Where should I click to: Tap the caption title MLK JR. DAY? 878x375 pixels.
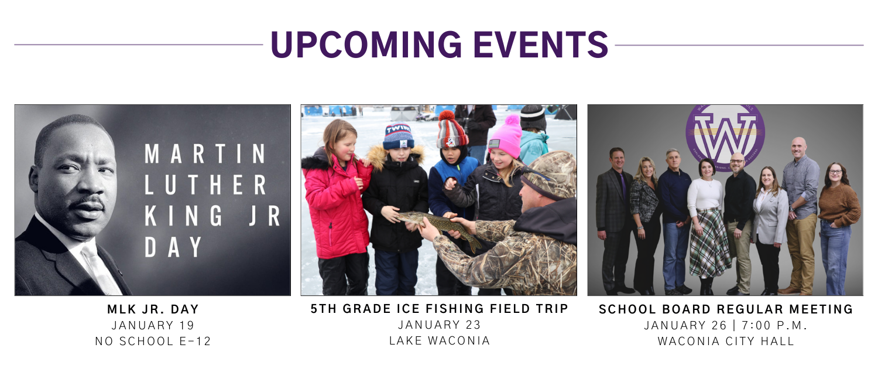153,309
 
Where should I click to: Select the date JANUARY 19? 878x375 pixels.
153,325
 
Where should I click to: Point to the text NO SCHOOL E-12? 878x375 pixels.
153,341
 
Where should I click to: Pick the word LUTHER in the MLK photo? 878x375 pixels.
205,186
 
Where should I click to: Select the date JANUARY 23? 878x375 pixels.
439,325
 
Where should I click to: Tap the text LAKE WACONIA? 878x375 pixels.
439,340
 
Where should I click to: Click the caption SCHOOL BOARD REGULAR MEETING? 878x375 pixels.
726,309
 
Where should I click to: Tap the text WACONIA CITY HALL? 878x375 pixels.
726,341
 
